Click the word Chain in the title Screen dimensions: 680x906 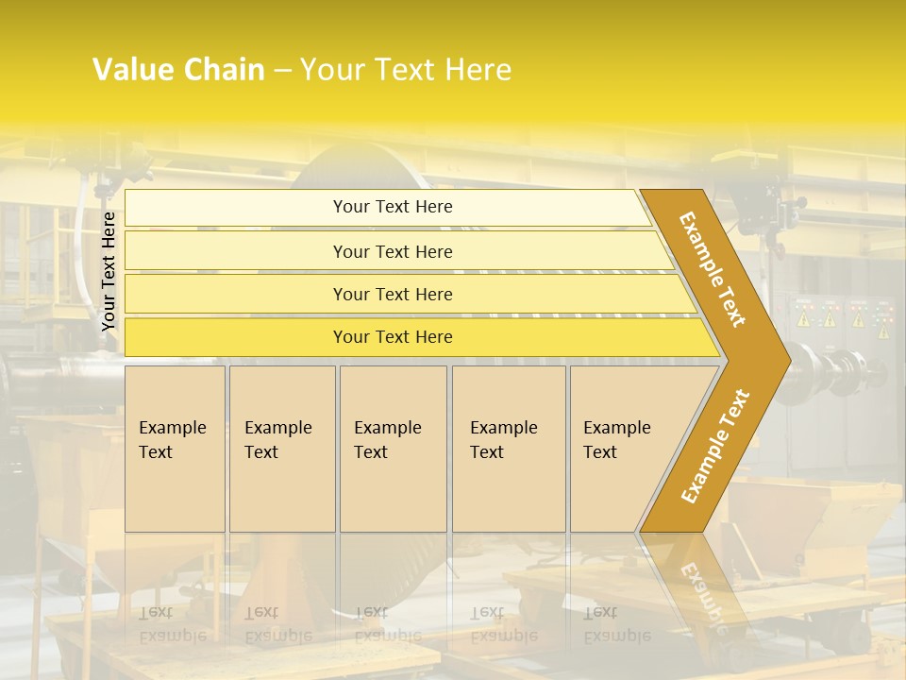pos(224,70)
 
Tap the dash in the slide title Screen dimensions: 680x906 pos(282,71)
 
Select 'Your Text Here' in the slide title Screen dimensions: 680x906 pos(406,70)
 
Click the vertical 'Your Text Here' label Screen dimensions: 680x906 pos(109,271)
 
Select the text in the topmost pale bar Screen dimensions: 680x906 pos(393,207)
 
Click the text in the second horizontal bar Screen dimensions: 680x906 pos(393,252)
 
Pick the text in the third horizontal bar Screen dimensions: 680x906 pos(393,295)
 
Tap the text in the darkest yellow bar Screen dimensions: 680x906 pos(393,337)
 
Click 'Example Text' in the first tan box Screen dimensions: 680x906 pos(172,440)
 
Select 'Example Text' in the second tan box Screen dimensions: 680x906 pos(277,440)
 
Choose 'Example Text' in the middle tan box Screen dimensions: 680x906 pos(387,440)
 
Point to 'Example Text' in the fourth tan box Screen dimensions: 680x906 pos(503,440)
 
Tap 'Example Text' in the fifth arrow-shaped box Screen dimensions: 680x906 pos(616,440)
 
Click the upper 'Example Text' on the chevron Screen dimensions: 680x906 pos(713,269)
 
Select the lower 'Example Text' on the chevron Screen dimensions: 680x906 pos(714,447)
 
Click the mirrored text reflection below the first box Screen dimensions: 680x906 pos(172,624)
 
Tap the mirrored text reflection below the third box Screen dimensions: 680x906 pos(387,624)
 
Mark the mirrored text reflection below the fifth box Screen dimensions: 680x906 pos(616,624)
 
